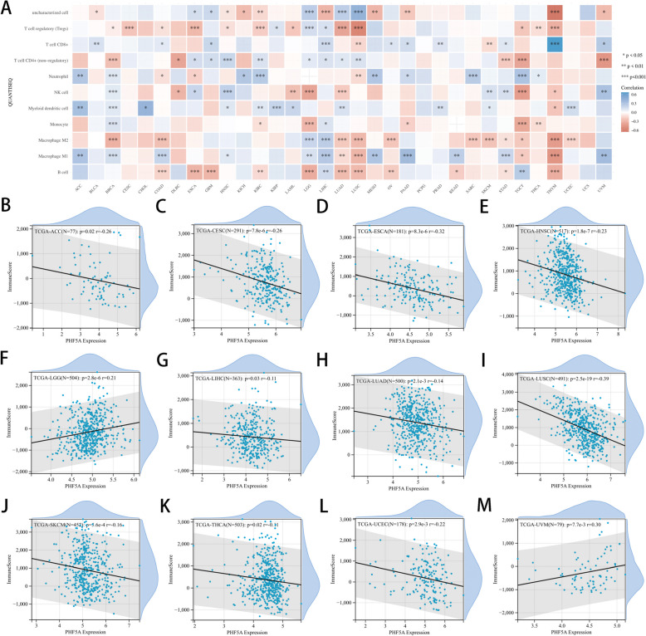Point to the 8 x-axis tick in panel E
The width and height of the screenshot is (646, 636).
618,322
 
